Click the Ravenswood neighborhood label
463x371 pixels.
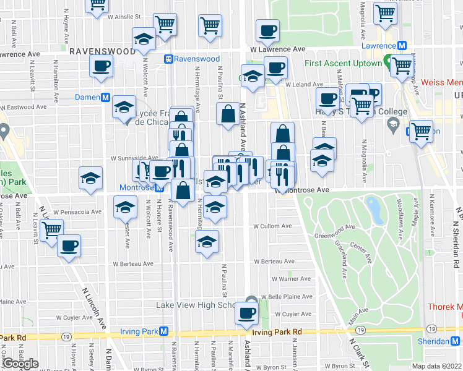point(102,51)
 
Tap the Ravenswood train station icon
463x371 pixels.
point(168,59)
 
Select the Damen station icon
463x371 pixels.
point(106,98)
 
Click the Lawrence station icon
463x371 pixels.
point(402,46)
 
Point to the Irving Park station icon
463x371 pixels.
point(163,331)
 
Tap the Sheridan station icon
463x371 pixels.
point(456,341)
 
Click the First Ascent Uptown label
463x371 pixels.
point(342,63)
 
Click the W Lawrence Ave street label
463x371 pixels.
point(278,49)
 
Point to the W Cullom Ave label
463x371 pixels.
point(272,226)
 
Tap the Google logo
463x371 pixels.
point(20,364)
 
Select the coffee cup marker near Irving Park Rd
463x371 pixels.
point(248,313)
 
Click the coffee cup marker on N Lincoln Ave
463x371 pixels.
point(69,246)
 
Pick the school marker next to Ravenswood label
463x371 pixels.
point(144,39)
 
